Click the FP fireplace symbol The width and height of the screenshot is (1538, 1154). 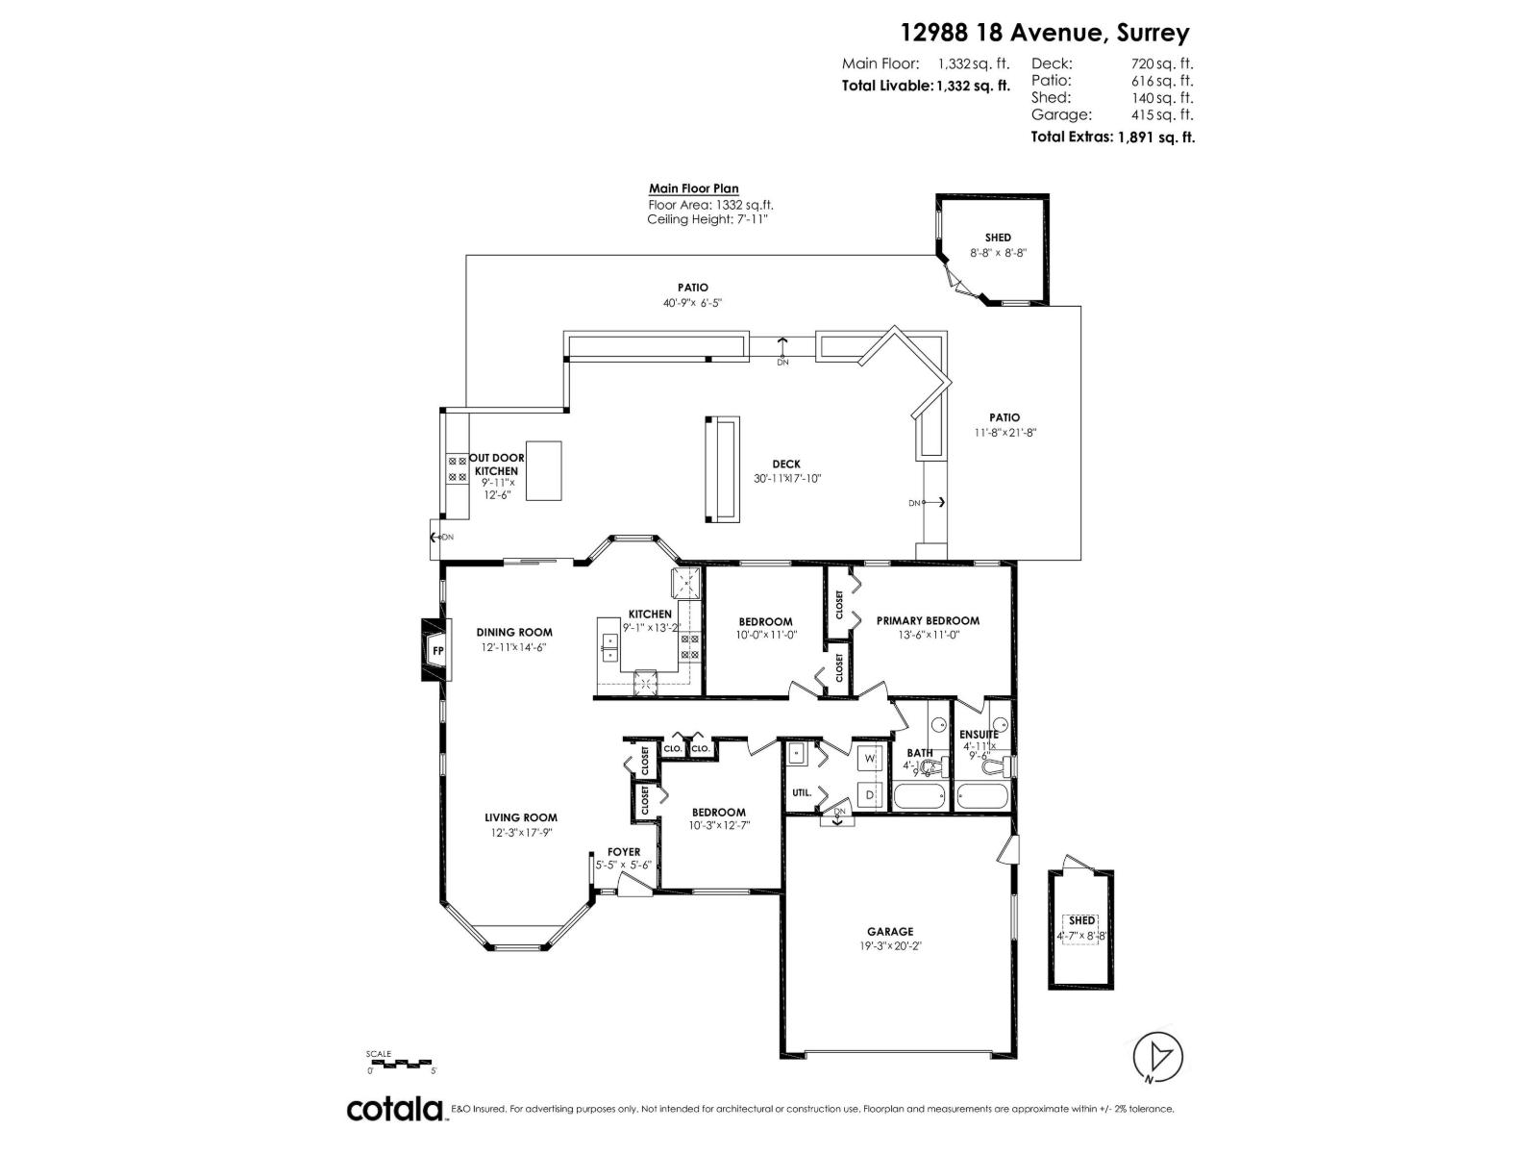436,651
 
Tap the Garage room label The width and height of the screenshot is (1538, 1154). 890,931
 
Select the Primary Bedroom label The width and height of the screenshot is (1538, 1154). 928,620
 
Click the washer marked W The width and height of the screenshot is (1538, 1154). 869,759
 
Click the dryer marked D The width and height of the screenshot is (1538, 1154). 869,795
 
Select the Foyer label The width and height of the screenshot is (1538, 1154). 623,852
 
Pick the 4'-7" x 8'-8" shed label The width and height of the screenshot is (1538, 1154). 1081,935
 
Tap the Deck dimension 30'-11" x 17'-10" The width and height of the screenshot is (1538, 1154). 786,478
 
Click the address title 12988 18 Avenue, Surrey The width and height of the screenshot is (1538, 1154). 1044,33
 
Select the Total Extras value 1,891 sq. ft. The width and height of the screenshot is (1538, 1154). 1154,138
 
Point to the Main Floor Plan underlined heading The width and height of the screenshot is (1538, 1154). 693,188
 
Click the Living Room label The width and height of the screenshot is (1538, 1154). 520,818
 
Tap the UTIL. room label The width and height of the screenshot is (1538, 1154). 802,793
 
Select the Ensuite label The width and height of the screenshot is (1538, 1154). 979,734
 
